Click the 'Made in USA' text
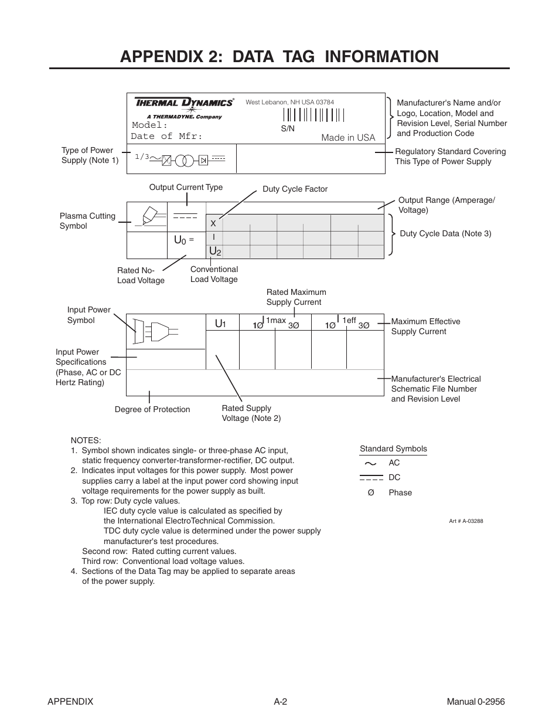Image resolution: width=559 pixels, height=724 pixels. (x=347, y=138)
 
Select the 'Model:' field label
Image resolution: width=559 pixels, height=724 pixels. (x=150, y=125)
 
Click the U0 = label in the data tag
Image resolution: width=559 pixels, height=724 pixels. (x=183, y=240)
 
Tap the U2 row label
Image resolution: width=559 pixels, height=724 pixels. (x=215, y=251)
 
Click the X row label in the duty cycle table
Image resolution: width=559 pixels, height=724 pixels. (x=213, y=223)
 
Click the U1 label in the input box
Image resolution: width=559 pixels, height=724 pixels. (x=220, y=324)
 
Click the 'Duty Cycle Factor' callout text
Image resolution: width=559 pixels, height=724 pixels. (x=295, y=189)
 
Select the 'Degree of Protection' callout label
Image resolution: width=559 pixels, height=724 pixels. (x=152, y=410)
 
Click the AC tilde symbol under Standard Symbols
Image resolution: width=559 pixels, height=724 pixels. (x=370, y=463)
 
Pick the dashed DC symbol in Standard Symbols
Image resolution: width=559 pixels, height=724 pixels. (x=371, y=478)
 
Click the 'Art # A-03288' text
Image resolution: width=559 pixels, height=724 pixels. (x=466, y=521)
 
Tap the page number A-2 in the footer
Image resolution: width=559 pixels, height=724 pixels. (x=280, y=702)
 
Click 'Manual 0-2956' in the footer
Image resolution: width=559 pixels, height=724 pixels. (x=475, y=702)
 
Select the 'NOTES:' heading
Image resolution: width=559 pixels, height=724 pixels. (x=86, y=440)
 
